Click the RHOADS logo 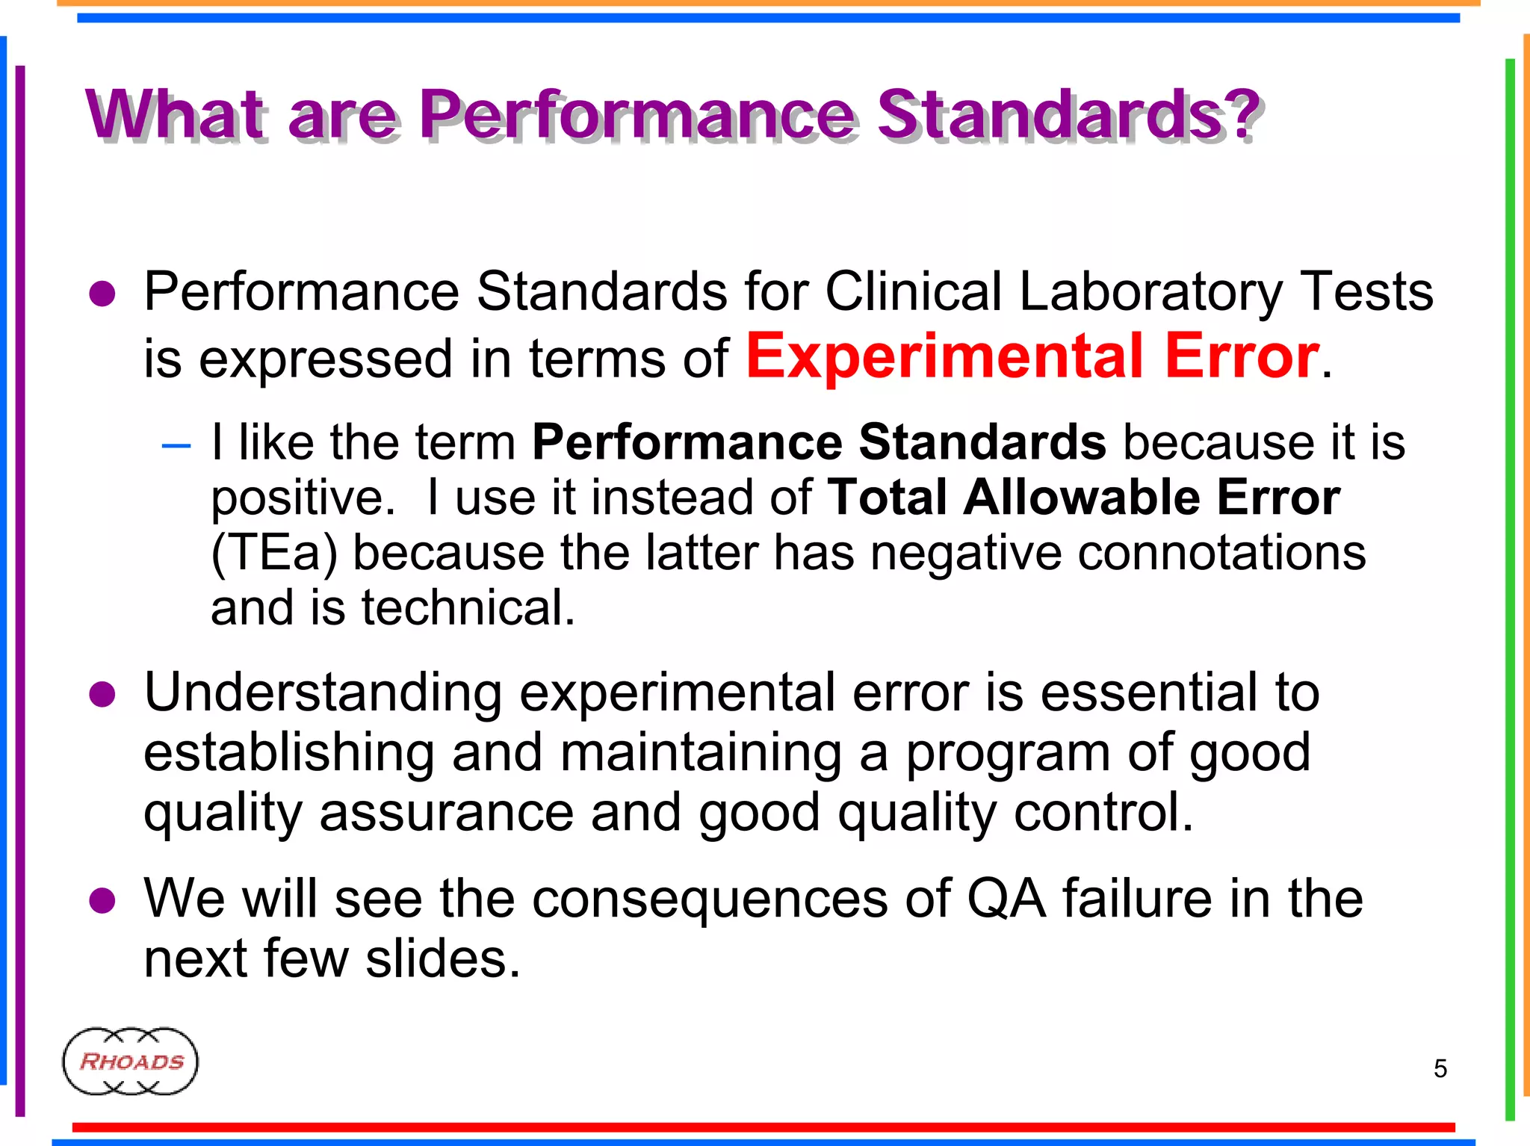[130, 1061]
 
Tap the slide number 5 [1440, 1068]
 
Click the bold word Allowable [1081, 498]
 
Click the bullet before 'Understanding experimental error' [102, 695]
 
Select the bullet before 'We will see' [102, 901]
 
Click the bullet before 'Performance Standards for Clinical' [102, 294]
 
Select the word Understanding [323, 693]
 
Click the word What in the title [174, 115]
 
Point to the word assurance [446, 812]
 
